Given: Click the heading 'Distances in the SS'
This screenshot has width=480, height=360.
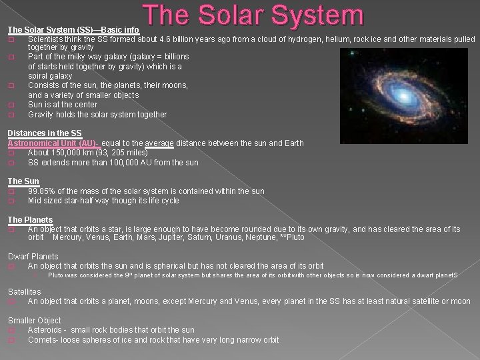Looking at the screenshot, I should (x=45, y=133).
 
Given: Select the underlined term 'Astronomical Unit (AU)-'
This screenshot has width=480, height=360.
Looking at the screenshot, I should (x=53, y=143).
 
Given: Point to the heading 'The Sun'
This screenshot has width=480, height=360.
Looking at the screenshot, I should (x=23, y=181).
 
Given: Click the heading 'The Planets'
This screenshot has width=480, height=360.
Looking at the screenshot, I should (x=30, y=219).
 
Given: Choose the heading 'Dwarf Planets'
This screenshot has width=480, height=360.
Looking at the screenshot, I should (x=33, y=257).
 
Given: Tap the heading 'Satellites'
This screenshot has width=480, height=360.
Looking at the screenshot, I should (x=24, y=291).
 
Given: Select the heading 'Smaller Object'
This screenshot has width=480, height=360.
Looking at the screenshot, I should (x=34, y=321).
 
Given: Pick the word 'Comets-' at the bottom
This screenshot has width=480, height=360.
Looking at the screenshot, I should (x=43, y=340).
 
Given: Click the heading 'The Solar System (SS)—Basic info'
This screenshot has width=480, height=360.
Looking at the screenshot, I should (x=73, y=29).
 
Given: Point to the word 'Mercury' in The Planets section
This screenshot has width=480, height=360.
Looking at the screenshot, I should (x=69, y=238).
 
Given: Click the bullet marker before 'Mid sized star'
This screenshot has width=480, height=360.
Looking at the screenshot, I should (x=11, y=201).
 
